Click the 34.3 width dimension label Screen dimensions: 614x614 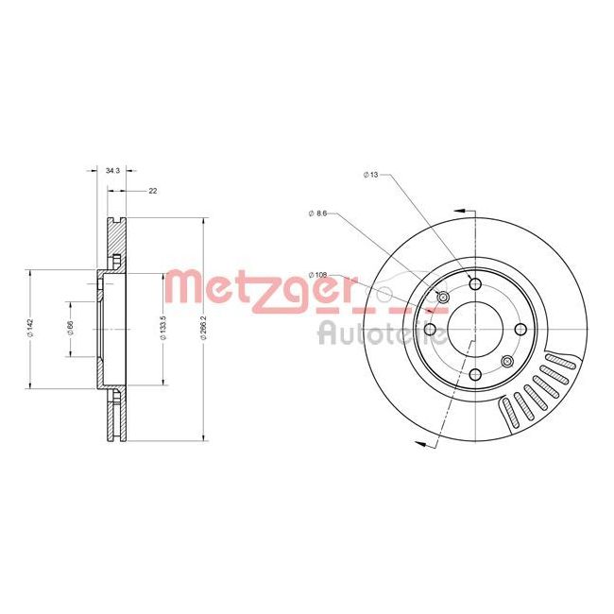click(111, 170)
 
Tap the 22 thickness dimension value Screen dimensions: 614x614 click(152, 191)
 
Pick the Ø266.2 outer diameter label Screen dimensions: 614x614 click(203, 328)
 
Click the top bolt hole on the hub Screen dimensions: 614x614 click(474, 283)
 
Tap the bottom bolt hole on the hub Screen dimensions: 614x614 click(474, 375)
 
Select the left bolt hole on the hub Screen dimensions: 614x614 click(429, 330)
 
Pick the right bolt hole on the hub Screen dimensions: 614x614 click(520, 330)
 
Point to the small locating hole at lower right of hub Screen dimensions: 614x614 click(507, 362)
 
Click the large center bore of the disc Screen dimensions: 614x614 click(474, 330)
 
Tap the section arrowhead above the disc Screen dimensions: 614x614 click(460, 212)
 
